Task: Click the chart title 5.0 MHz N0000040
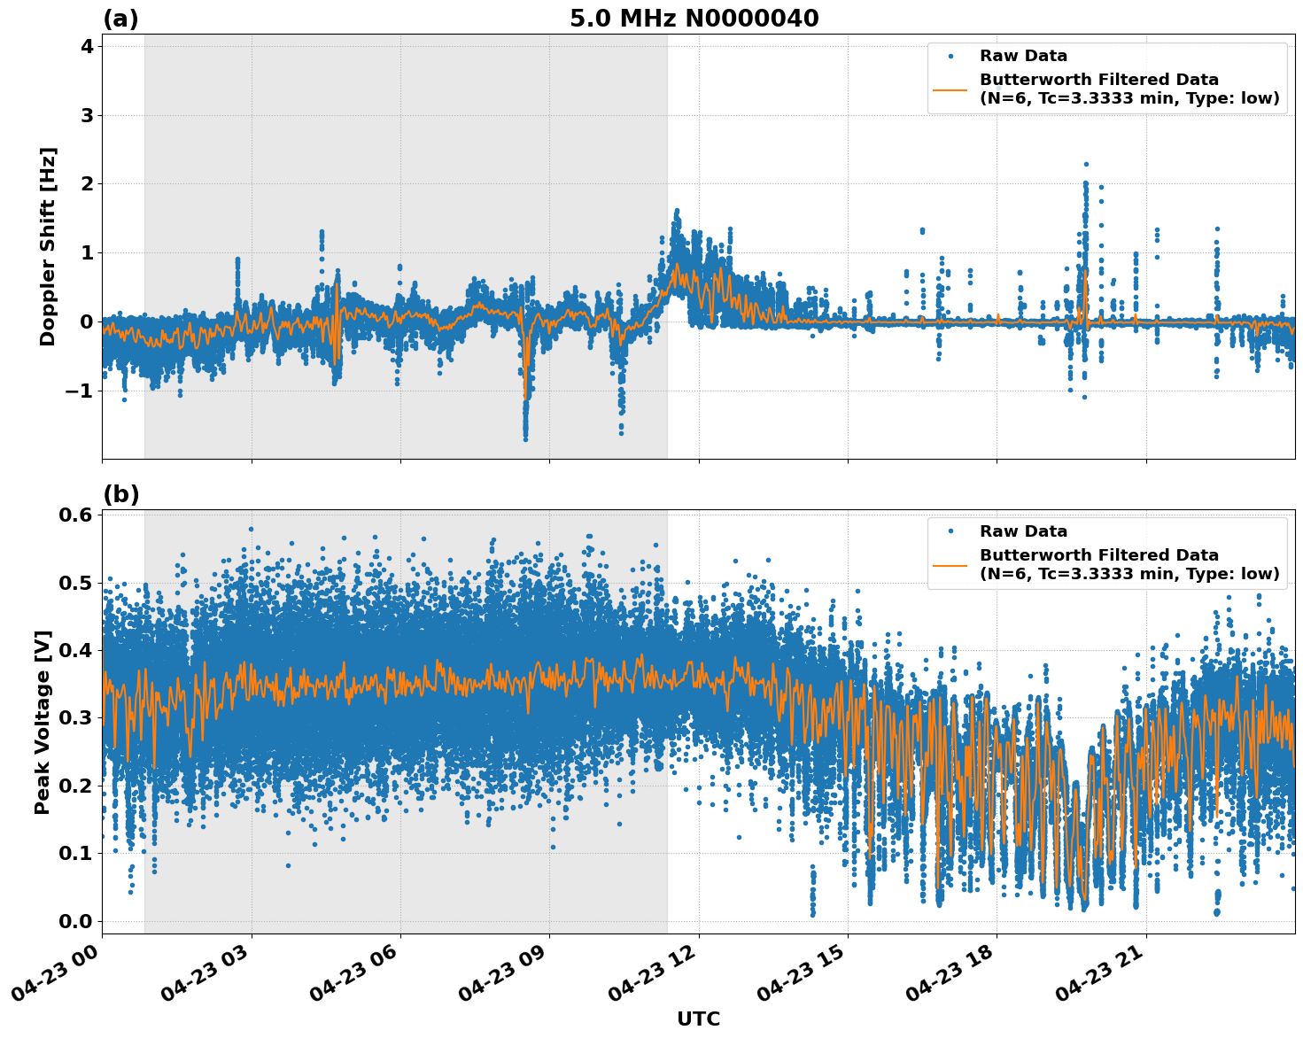694,19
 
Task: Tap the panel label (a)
120,19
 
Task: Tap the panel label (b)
120,494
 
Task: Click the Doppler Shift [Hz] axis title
48,246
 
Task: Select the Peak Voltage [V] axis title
43,722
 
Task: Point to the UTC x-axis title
698,1019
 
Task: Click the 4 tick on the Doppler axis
87,46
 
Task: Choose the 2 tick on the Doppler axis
87,184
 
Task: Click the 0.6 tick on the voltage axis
75,515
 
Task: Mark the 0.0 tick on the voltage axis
75,921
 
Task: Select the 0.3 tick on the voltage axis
75,718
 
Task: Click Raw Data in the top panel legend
1023,56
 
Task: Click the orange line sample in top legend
950,89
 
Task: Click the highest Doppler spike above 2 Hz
1086,165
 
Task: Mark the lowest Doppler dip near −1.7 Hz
525,438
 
